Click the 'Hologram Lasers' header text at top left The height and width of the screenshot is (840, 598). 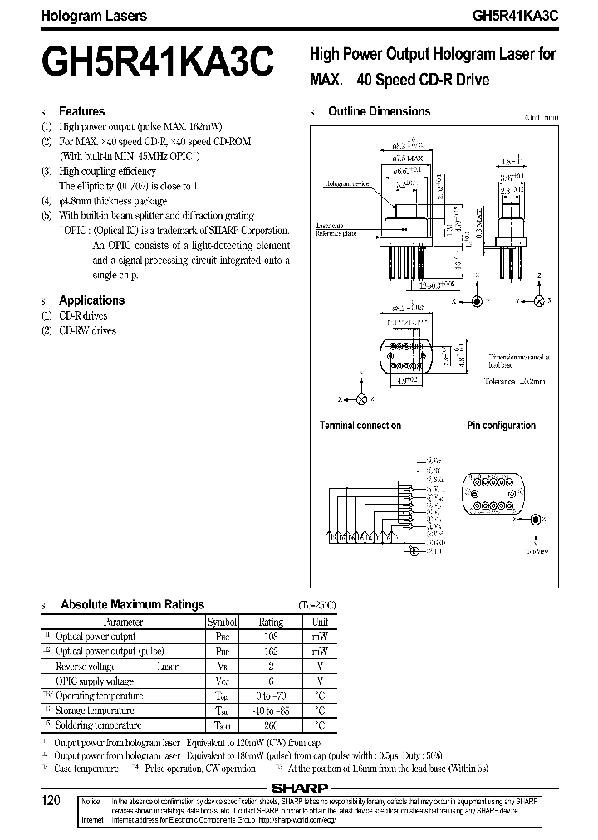tap(83, 16)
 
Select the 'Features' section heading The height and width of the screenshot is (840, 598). tap(81, 111)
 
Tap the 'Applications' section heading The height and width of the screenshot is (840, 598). tap(91, 300)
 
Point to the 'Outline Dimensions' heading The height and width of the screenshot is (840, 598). tap(379, 111)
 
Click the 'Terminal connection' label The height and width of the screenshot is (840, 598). tap(360, 426)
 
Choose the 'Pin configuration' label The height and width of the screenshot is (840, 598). tap(501, 426)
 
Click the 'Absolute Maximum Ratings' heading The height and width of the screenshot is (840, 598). tap(132, 605)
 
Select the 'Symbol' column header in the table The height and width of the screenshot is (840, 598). tap(222, 622)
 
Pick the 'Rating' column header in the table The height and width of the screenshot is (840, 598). tap(271, 622)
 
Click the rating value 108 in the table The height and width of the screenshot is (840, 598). tap(271, 637)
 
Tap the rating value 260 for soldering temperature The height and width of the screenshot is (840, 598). tap(271, 725)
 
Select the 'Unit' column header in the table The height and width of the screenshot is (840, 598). tap(320, 622)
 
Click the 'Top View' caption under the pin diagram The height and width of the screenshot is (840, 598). tap(537, 550)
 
